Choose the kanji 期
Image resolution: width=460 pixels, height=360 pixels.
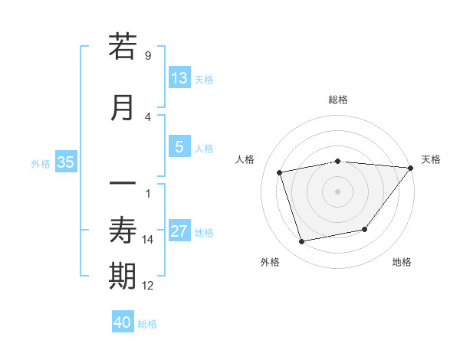coord(123,276)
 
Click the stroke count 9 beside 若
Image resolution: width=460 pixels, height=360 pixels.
coord(147,56)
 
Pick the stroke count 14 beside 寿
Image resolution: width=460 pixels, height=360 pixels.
coord(148,240)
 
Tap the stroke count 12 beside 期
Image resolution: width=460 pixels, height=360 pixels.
coord(148,286)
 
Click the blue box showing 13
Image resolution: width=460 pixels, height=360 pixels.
coord(179,78)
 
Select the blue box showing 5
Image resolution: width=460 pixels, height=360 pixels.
coord(179,147)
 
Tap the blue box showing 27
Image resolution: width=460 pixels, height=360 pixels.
coord(179,231)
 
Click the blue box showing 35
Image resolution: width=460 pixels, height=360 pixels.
coord(65,162)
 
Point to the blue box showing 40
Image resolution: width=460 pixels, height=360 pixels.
coord(123,322)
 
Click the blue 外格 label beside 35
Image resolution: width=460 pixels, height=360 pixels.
coord(41,163)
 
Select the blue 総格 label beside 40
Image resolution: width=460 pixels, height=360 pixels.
coord(147,324)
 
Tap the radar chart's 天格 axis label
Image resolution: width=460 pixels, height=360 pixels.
coord(431,159)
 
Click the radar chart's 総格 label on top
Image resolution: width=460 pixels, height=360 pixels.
coord(338,100)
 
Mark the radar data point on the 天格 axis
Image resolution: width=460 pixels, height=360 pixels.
coord(411,168)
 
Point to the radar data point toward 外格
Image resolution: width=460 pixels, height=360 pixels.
coord(302,242)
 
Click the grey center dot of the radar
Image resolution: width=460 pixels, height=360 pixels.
coord(337,191)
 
